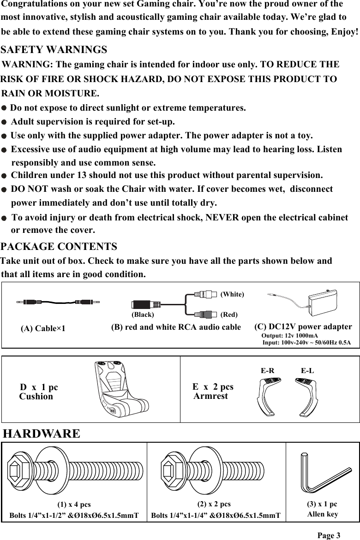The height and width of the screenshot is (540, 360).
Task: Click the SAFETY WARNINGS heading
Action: (x=54, y=49)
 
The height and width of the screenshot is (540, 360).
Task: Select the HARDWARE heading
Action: (x=42, y=434)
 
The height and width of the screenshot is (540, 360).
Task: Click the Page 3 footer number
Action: (x=329, y=535)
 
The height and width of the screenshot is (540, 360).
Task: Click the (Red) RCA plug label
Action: (x=229, y=315)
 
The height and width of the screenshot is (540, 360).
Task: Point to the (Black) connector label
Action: (x=143, y=315)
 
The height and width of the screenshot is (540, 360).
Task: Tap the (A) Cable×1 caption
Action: (x=43, y=329)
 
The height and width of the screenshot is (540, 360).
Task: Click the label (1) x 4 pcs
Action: (x=74, y=504)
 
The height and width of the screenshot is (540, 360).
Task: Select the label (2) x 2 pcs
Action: (x=214, y=504)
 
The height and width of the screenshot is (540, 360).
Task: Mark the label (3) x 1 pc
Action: (x=322, y=504)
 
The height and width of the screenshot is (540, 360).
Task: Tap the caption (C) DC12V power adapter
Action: (x=303, y=326)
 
